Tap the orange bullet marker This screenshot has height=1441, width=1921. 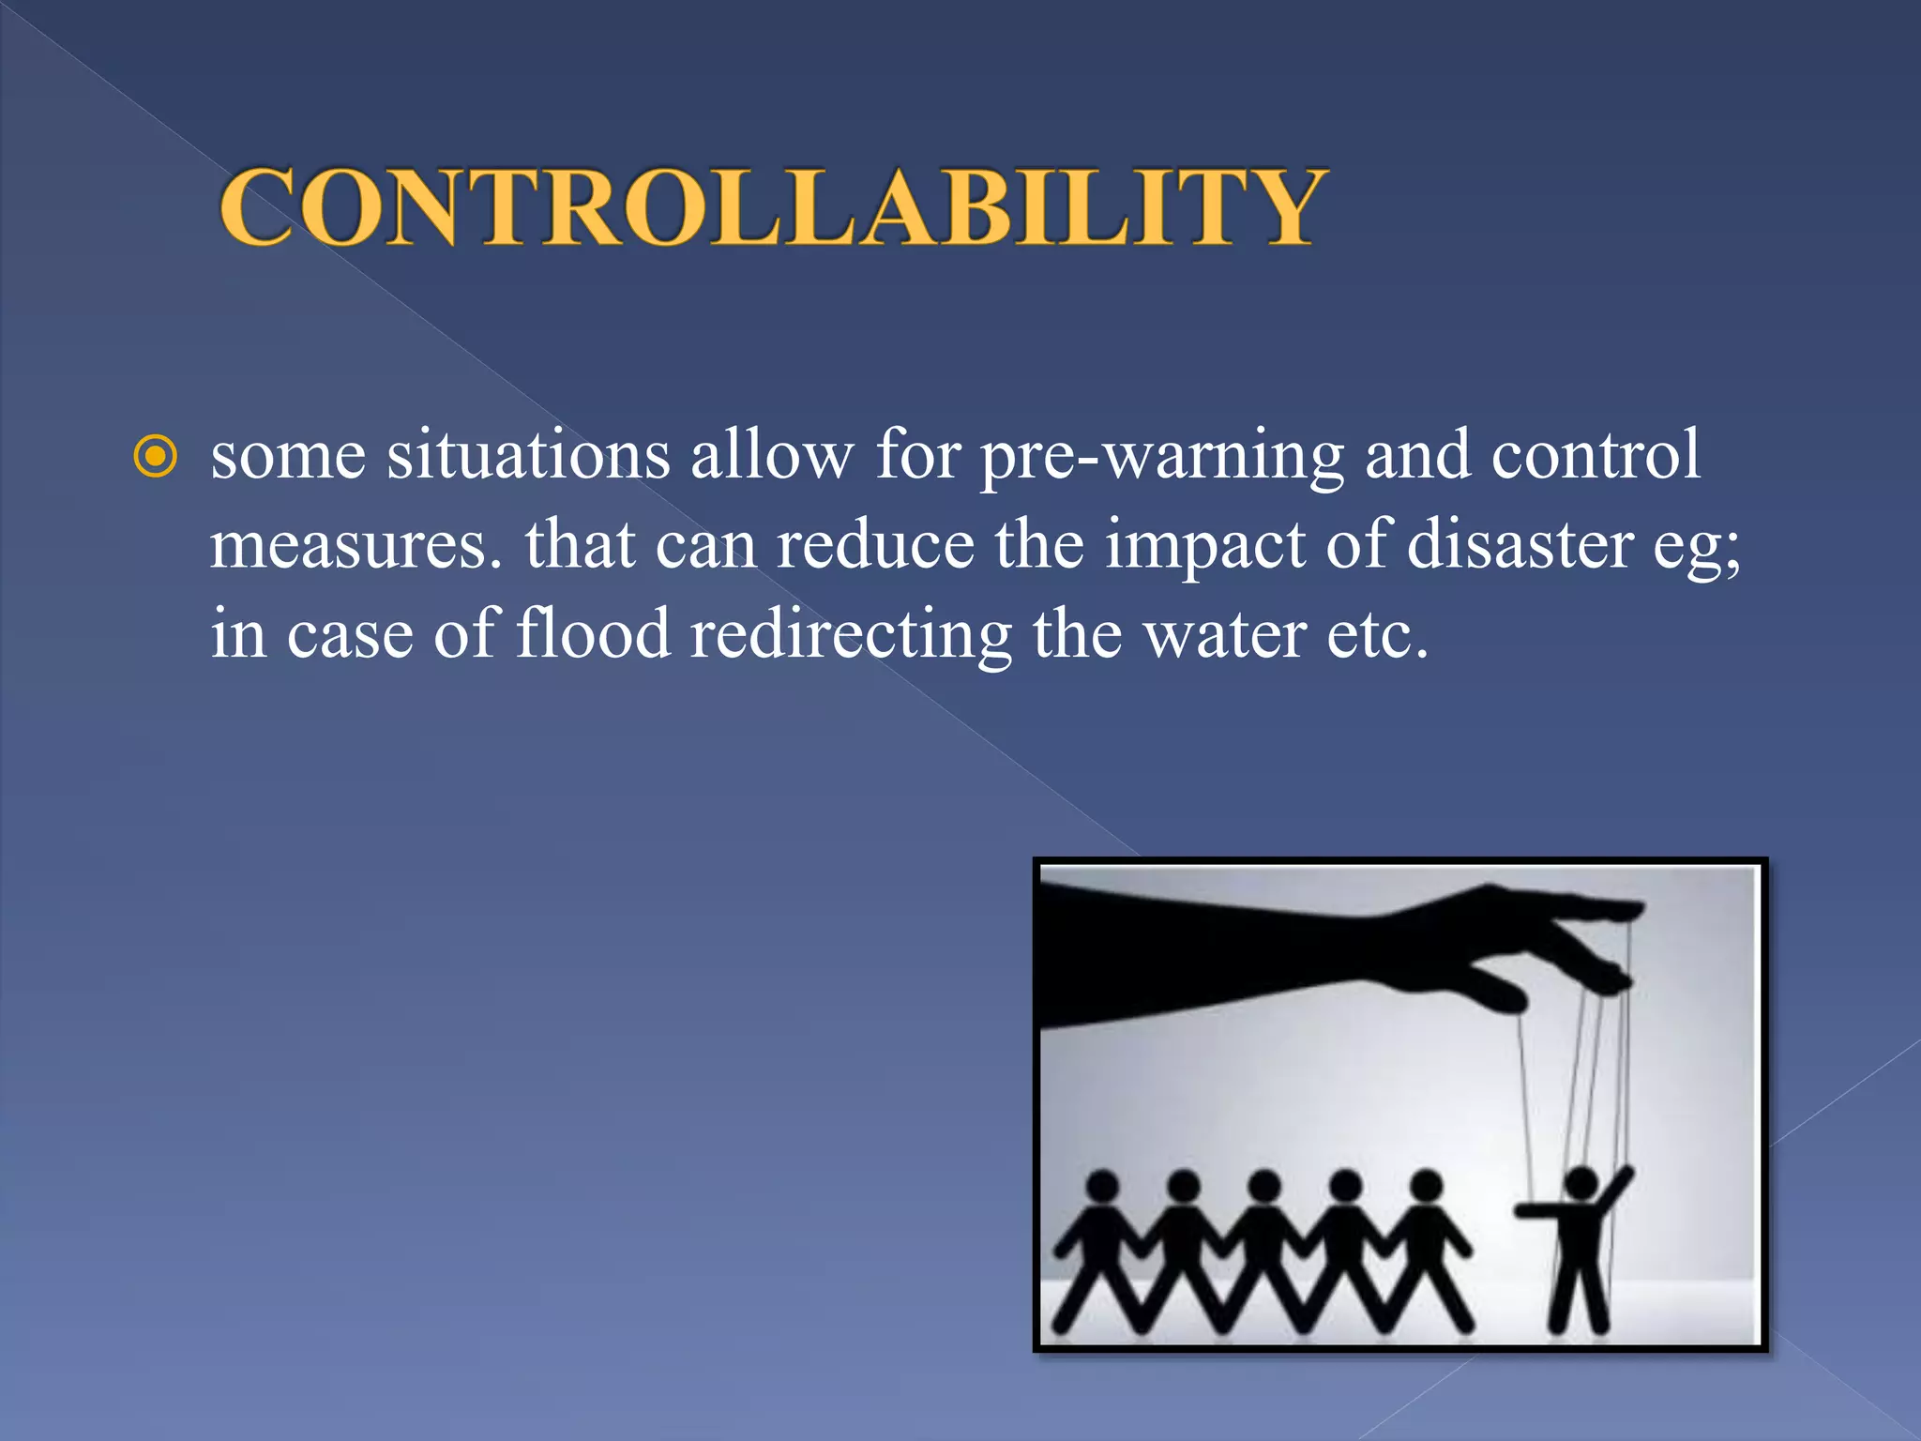coord(156,457)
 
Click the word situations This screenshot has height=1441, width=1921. coord(528,455)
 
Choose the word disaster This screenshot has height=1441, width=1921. coord(1520,544)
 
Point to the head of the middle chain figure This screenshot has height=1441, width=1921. coord(1264,1186)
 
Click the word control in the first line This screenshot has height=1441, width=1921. coord(1596,455)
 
